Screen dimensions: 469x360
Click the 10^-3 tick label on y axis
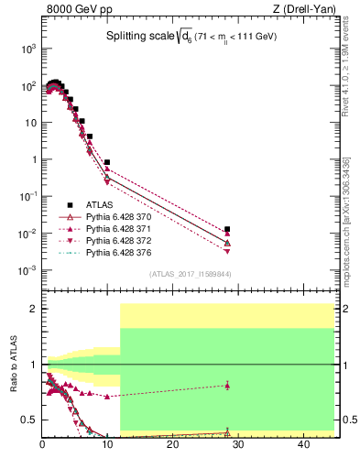(27, 270)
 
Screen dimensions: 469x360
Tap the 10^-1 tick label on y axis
(27, 196)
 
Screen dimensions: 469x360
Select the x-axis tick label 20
(172, 445)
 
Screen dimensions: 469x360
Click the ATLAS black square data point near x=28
(227, 229)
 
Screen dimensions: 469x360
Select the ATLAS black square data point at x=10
(107, 162)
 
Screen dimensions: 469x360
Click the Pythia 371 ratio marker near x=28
(227, 386)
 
